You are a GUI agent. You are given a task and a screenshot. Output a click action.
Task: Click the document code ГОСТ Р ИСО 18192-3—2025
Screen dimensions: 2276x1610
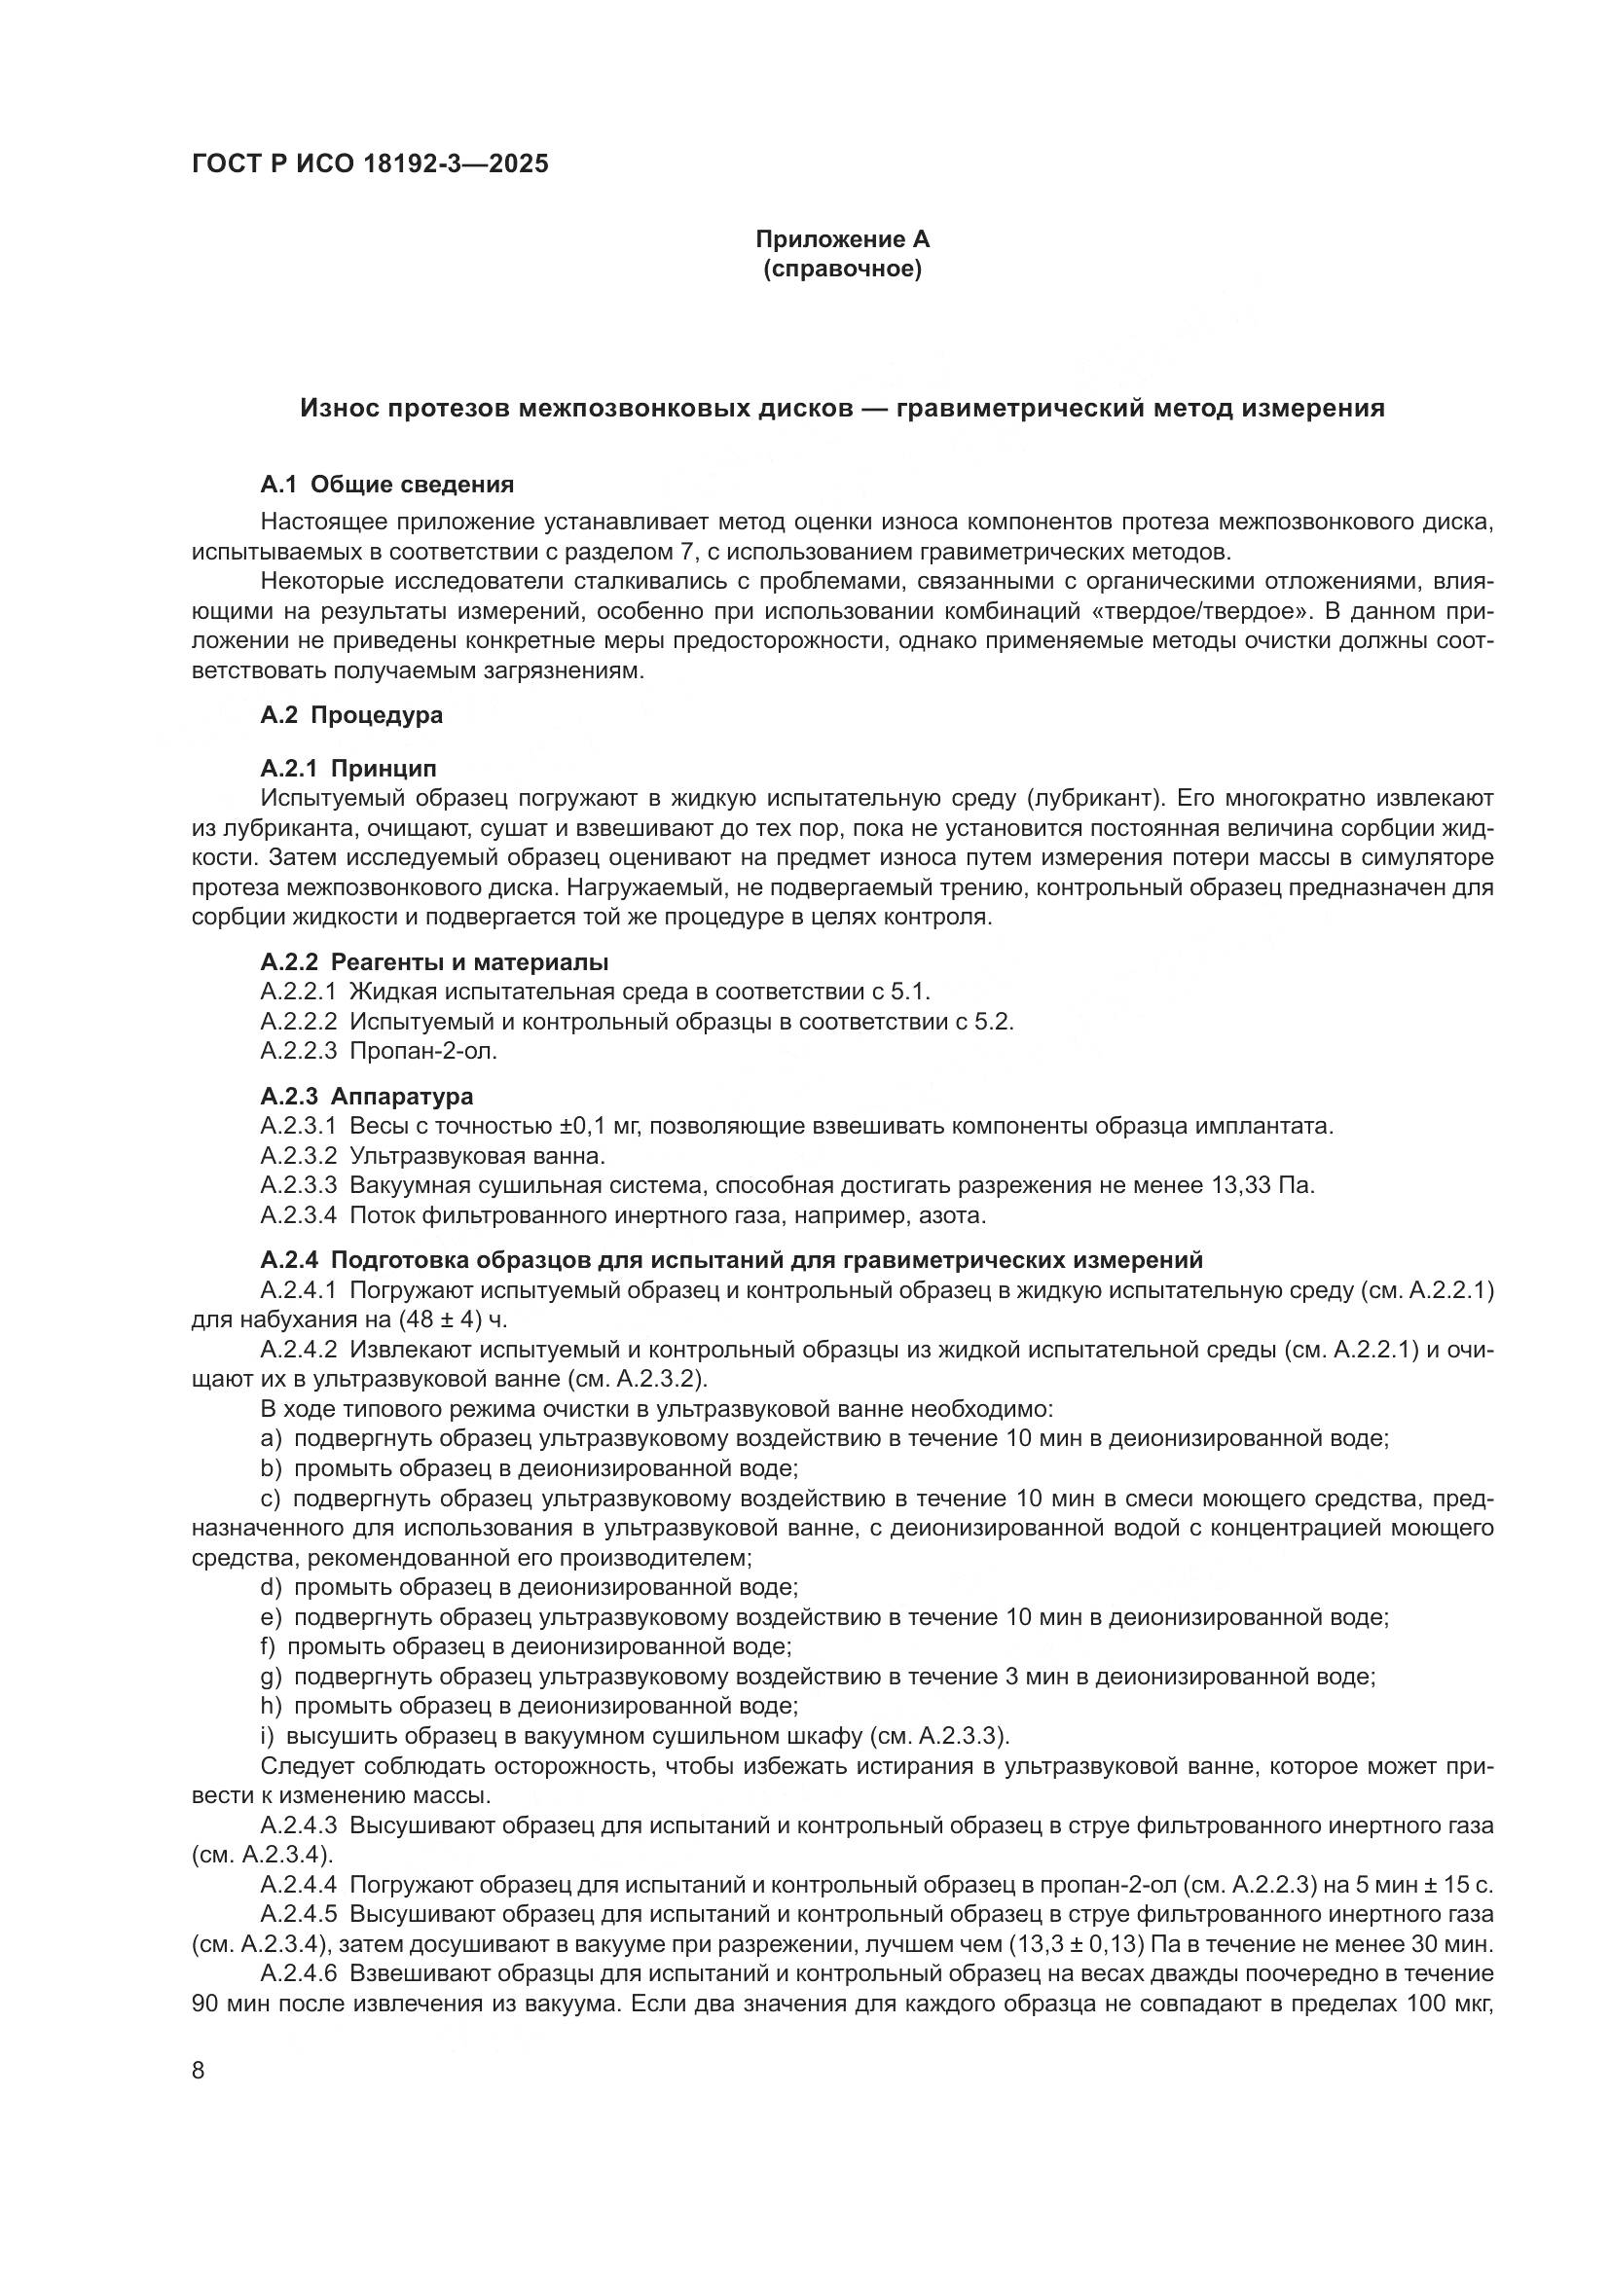[370, 164]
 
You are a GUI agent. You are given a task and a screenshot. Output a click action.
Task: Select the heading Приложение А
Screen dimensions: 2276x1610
[842, 239]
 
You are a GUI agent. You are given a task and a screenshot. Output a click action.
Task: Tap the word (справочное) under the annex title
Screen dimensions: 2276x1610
[842, 269]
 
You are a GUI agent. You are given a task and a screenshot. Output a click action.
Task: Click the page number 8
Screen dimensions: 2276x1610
[199, 2071]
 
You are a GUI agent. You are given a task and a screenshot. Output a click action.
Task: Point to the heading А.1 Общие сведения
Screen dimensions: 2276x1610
[386, 485]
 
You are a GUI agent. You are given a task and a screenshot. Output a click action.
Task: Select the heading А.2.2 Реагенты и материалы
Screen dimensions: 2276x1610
[434, 961]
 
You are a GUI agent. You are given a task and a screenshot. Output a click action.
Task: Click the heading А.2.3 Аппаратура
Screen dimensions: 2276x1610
[367, 1097]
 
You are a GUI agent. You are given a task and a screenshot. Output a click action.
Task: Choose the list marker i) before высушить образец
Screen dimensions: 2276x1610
[268, 1737]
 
